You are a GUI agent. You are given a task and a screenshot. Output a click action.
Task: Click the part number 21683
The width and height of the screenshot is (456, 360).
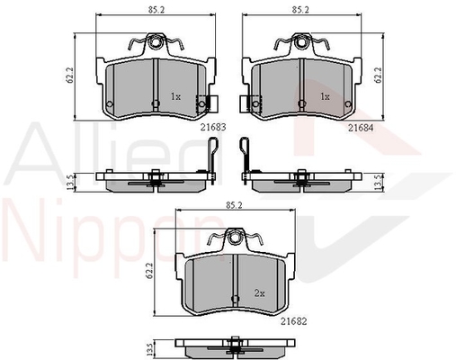coord(213,128)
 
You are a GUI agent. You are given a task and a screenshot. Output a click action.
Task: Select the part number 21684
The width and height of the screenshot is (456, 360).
coord(361,128)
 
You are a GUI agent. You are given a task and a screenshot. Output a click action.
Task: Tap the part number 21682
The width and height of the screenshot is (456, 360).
coord(294,321)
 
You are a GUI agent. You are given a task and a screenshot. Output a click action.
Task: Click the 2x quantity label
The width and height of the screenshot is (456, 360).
coord(260,293)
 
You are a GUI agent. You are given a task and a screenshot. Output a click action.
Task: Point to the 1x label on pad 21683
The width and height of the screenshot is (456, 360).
coord(175,96)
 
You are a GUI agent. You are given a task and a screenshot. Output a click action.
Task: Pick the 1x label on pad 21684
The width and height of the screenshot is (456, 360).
coord(325,96)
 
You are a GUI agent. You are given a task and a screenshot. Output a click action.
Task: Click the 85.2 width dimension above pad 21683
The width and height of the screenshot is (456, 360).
coord(156,10)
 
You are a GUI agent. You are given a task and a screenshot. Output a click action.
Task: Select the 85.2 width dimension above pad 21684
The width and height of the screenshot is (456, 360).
coord(300,10)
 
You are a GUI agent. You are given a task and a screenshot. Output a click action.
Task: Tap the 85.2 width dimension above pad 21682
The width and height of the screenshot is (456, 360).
coord(234,205)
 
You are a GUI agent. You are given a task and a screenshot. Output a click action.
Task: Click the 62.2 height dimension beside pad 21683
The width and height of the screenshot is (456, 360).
coord(70,75)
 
